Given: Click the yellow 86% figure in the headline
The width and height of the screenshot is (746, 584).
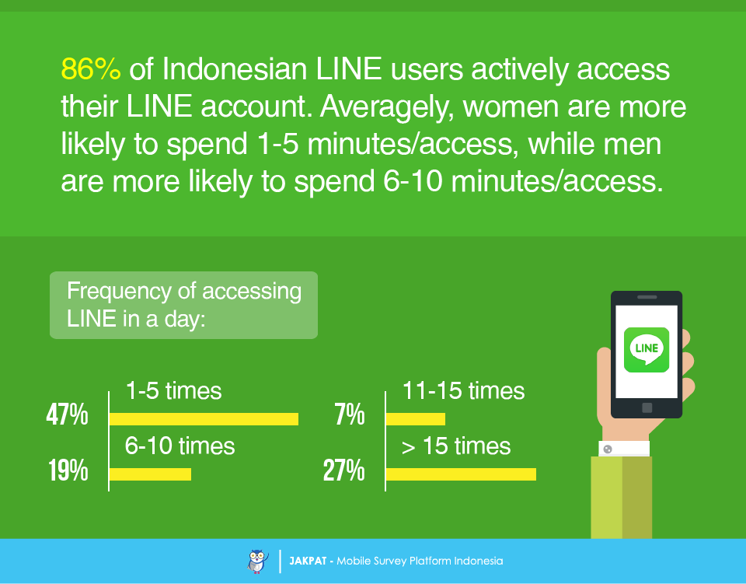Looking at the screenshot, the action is pos(91,69).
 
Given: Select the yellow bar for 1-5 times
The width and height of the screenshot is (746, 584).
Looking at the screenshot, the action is pos(204,419).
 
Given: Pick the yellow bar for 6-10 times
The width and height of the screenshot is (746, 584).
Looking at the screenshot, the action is pos(150,474).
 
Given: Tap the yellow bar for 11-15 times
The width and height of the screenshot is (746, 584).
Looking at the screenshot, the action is pos(415,419).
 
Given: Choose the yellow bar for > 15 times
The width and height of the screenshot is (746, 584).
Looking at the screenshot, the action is pos(461,474).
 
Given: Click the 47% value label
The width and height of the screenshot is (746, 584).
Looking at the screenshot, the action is pos(67,414).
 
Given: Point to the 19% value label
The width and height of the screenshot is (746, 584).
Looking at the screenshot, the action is pos(68,470).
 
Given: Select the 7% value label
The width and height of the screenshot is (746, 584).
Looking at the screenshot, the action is pos(350,414).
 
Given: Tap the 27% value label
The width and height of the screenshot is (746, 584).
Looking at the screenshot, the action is pos(344,470).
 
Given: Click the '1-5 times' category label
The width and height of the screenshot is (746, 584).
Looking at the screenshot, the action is pos(173,391).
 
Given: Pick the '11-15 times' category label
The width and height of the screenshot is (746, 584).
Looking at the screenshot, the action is pos(463,391).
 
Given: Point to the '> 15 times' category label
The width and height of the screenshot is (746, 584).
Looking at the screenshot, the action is pos(456,446).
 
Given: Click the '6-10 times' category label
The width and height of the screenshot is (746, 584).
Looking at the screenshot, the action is pos(180,446).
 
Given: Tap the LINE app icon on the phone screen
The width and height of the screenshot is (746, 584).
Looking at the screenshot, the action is pos(647,350).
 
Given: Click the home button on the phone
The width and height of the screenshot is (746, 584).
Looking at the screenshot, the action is pos(647,407).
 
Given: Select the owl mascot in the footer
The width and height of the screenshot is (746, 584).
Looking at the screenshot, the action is pos(258,561).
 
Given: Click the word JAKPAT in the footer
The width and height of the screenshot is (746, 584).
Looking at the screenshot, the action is pos(308,561).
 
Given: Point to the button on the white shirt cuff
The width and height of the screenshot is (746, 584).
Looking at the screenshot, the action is pos(608,449).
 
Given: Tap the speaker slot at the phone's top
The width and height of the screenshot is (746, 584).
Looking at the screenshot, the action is pos(647,297).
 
